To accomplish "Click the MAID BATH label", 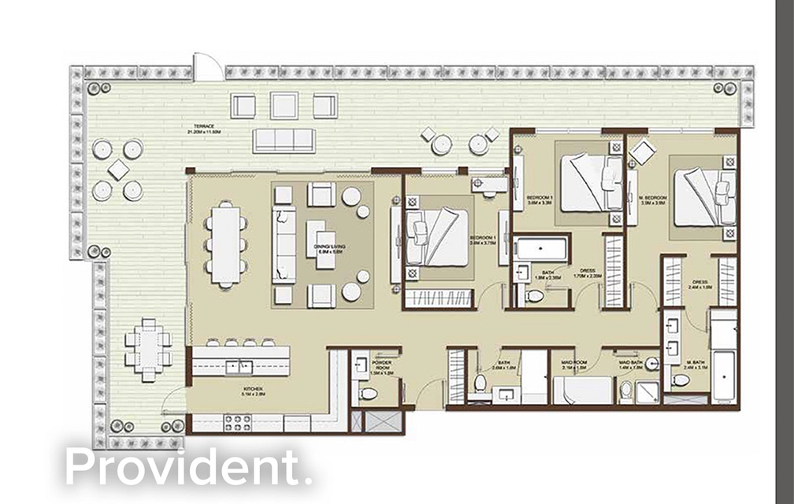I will click(631, 363).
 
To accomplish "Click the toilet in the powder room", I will click(368, 392).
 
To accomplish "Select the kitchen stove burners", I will click(236, 422).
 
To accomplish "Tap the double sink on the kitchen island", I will click(236, 366).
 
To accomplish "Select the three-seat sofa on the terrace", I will click(284, 140).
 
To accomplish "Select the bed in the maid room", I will click(583, 389).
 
